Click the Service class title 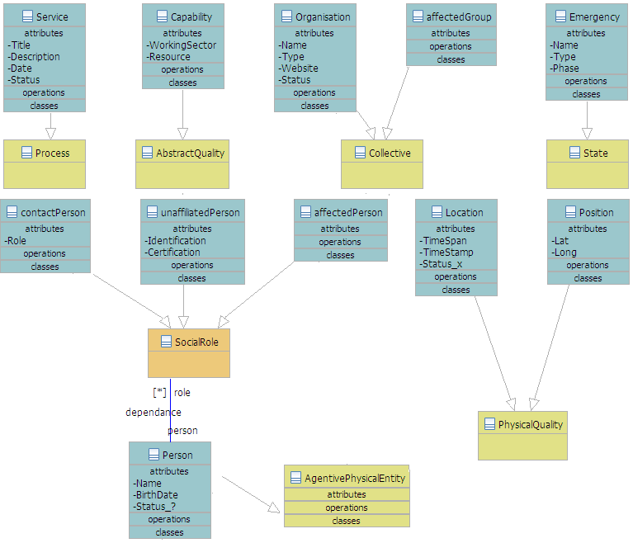52,17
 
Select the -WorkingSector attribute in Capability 182,45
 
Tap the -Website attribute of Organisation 300,68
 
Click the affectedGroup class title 458,17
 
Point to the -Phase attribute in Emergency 565,68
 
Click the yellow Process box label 52,153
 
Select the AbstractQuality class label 190,153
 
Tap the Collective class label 390,153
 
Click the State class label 595,153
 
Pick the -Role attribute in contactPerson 17,241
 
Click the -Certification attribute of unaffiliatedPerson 173,253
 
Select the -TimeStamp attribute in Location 444,253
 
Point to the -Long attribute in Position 565,253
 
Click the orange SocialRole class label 196,342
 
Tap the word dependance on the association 154,413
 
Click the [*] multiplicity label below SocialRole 160,393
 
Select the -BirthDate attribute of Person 156,495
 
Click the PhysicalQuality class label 530,425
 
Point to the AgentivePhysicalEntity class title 355,479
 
